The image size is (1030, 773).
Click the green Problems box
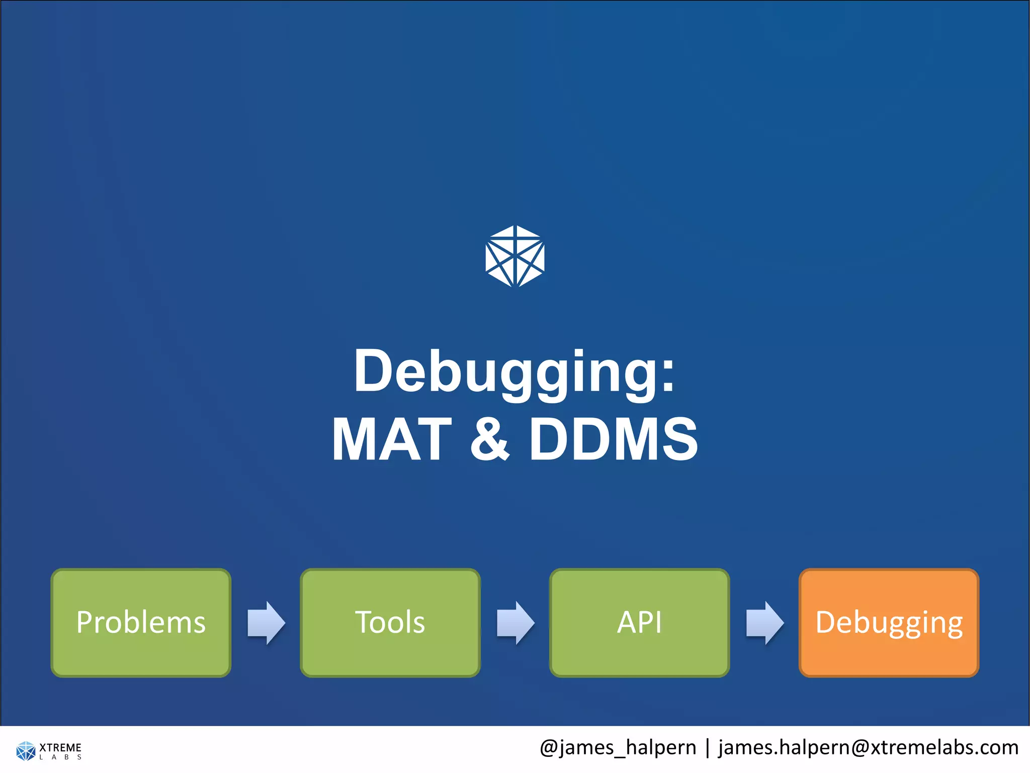click(x=141, y=623)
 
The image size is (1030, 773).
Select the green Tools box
click(x=390, y=623)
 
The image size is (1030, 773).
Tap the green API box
click(x=639, y=623)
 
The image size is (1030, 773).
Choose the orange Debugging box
click(x=889, y=623)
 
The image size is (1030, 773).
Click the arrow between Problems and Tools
click(x=266, y=623)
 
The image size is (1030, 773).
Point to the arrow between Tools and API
click(x=516, y=623)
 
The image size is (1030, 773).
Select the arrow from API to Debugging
click(x=764, y=623)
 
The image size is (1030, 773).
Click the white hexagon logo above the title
click(x=515, y=256)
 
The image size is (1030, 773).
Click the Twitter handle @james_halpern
click(x=618, y=748)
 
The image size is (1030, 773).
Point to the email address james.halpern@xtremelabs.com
click(x=868, y=748)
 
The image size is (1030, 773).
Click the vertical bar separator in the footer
click(x=707, y=748)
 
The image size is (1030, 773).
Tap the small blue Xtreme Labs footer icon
click(x=26, y=750)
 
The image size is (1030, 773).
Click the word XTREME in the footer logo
click(x=60, y=747)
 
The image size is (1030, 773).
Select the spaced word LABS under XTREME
click(x=60, y=757)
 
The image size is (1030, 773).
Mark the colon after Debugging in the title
click(x=667, y=377)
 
